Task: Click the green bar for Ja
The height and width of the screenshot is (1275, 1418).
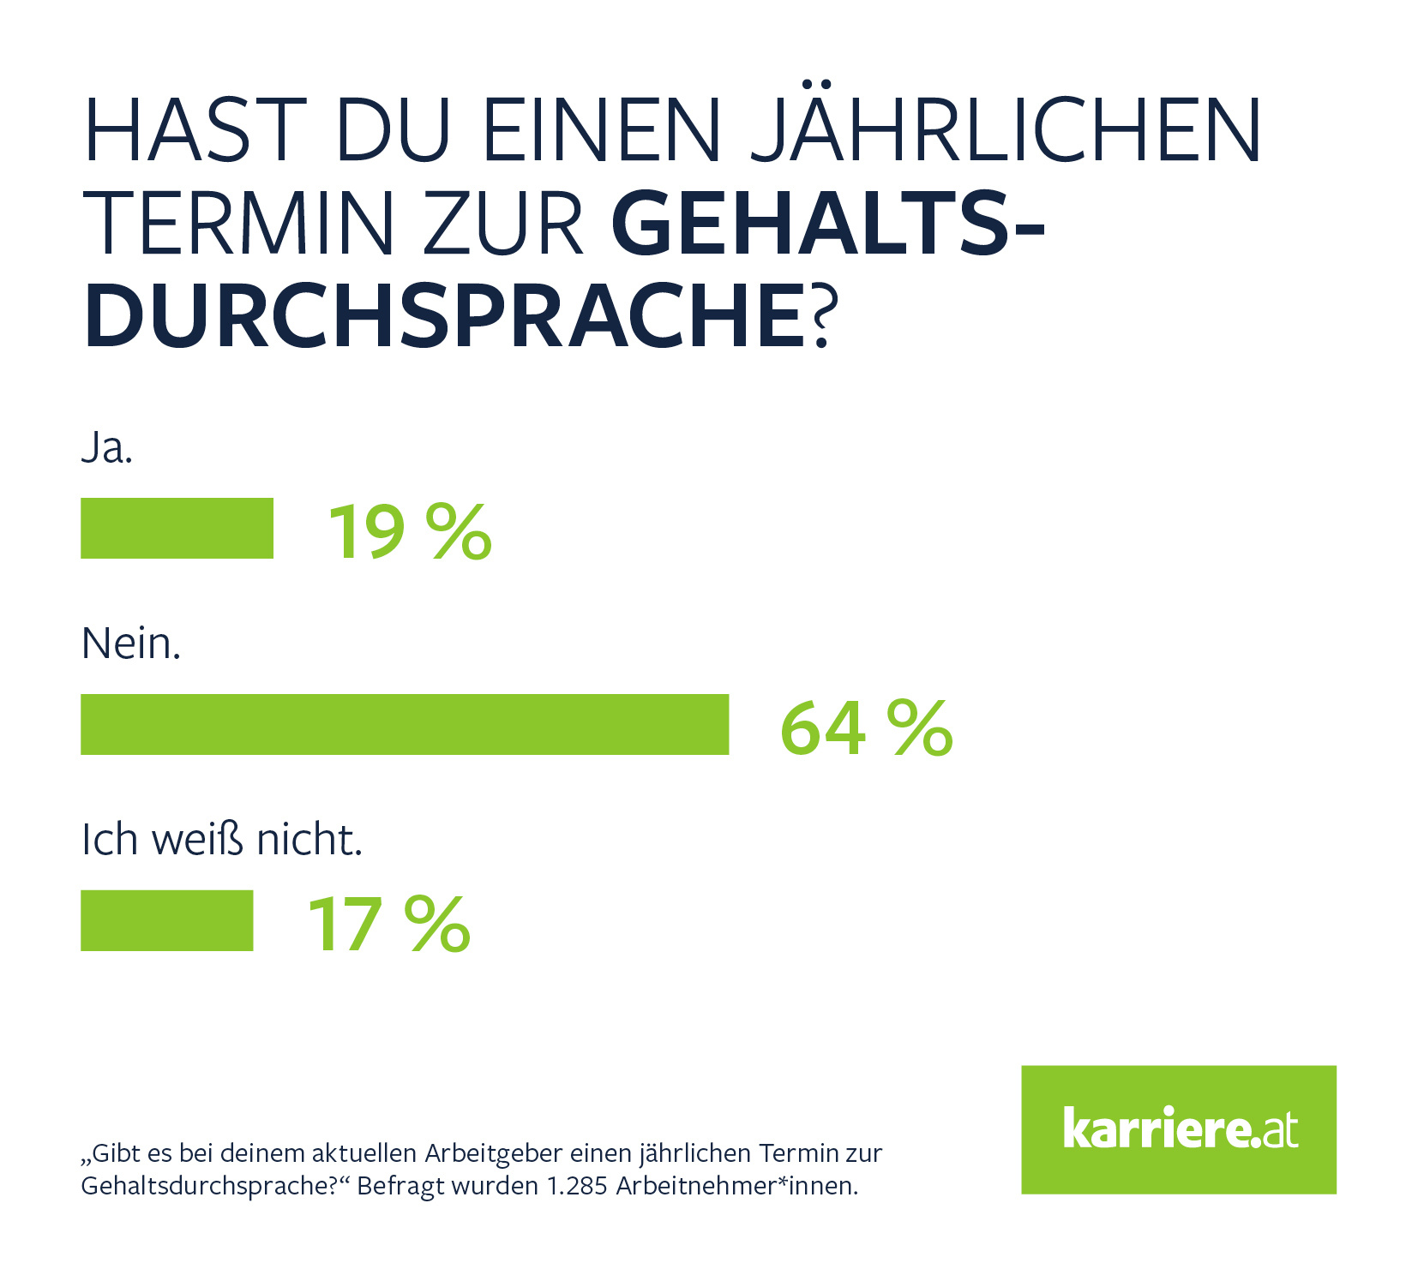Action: coord(177,528)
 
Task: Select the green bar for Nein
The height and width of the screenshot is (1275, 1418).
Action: coord(405,724)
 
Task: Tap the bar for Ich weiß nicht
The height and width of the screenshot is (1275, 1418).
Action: coord(166,920)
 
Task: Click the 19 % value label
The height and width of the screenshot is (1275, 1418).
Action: coord(410,531)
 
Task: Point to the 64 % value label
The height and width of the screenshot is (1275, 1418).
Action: coord(866,727)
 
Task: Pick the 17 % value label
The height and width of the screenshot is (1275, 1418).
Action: coord(388,924)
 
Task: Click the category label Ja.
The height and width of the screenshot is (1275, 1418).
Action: coord(107,448)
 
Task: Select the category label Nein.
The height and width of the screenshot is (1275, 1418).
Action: coord(131,643)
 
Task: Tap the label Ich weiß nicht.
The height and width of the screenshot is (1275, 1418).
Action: coord(222,840)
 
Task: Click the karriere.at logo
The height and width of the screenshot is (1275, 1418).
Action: coord(1178,1128)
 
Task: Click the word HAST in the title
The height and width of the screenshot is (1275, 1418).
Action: coord(195,130)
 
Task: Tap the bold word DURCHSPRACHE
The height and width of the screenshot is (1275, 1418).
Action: coord(444,316)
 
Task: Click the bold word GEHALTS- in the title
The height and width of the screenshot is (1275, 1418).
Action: coord(828,224)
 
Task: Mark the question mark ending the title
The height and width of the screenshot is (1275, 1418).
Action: coord(820,317)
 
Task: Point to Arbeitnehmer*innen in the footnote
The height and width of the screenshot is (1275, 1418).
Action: coord(736,1186)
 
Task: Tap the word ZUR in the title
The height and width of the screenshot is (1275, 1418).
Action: coord(503,224)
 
